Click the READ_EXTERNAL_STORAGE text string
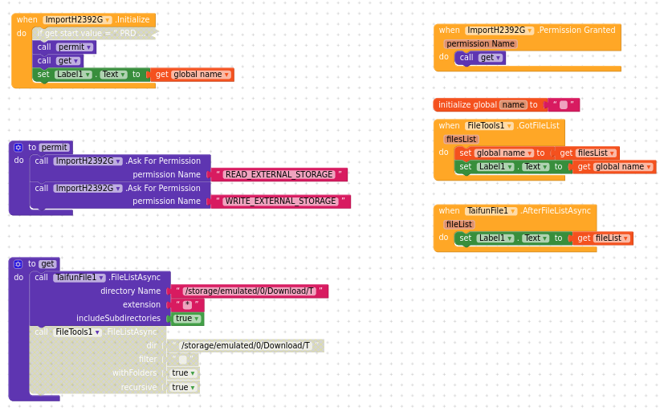tap(279, 174)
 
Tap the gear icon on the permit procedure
tap(18, 148)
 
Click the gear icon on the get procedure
tap(18, 264)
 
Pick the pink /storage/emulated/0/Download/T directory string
tap(250, 291)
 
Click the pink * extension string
tap(187, 305)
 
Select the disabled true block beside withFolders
tap(183, 373)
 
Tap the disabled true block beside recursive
tap(183, 387)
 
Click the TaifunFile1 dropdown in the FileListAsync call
tap(79, 278)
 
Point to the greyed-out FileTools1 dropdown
tap(78, 332)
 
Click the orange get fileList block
tap(601, 238)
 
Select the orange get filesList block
tap(586, 153)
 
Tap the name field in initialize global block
tap(512, 105)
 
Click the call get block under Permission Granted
tap(480, 58)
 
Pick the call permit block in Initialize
tap(64, 47)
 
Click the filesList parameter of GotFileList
tap(462, 139)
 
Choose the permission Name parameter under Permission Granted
tap(480, 44)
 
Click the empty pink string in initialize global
tap(564, 105)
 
